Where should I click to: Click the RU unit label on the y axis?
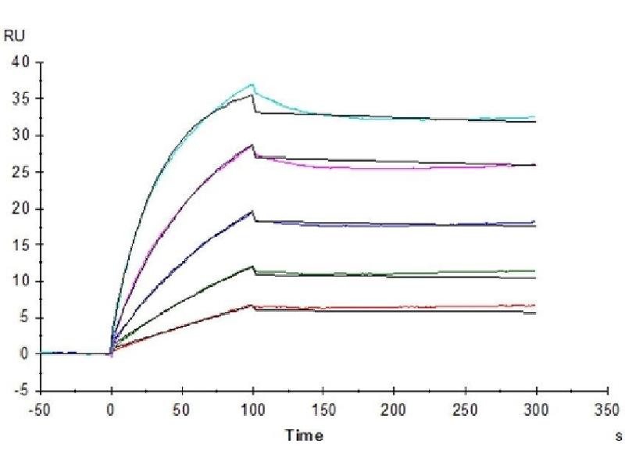click(x=14, y=35)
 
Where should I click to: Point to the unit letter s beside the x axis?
click(x=619, y=435)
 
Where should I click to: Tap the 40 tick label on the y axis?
click(x=21, y=63)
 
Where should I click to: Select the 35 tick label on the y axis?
click(x=21, y=99)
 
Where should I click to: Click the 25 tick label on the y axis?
click(x=21, y=172)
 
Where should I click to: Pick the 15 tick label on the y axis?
click(x=21, y=245)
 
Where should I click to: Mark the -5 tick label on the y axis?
click(x=23, y=391)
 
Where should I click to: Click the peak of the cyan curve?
click(x=252, y=84)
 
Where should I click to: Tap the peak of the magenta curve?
click(x=252, y=145)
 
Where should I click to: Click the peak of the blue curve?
click(x=252, y=211)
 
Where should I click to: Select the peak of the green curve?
click(x=252, y=267)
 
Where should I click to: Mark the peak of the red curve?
click(x=252, y=305)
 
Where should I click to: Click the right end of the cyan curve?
click(x=535, y=117)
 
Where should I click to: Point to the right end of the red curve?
click(x=535, y=306)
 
